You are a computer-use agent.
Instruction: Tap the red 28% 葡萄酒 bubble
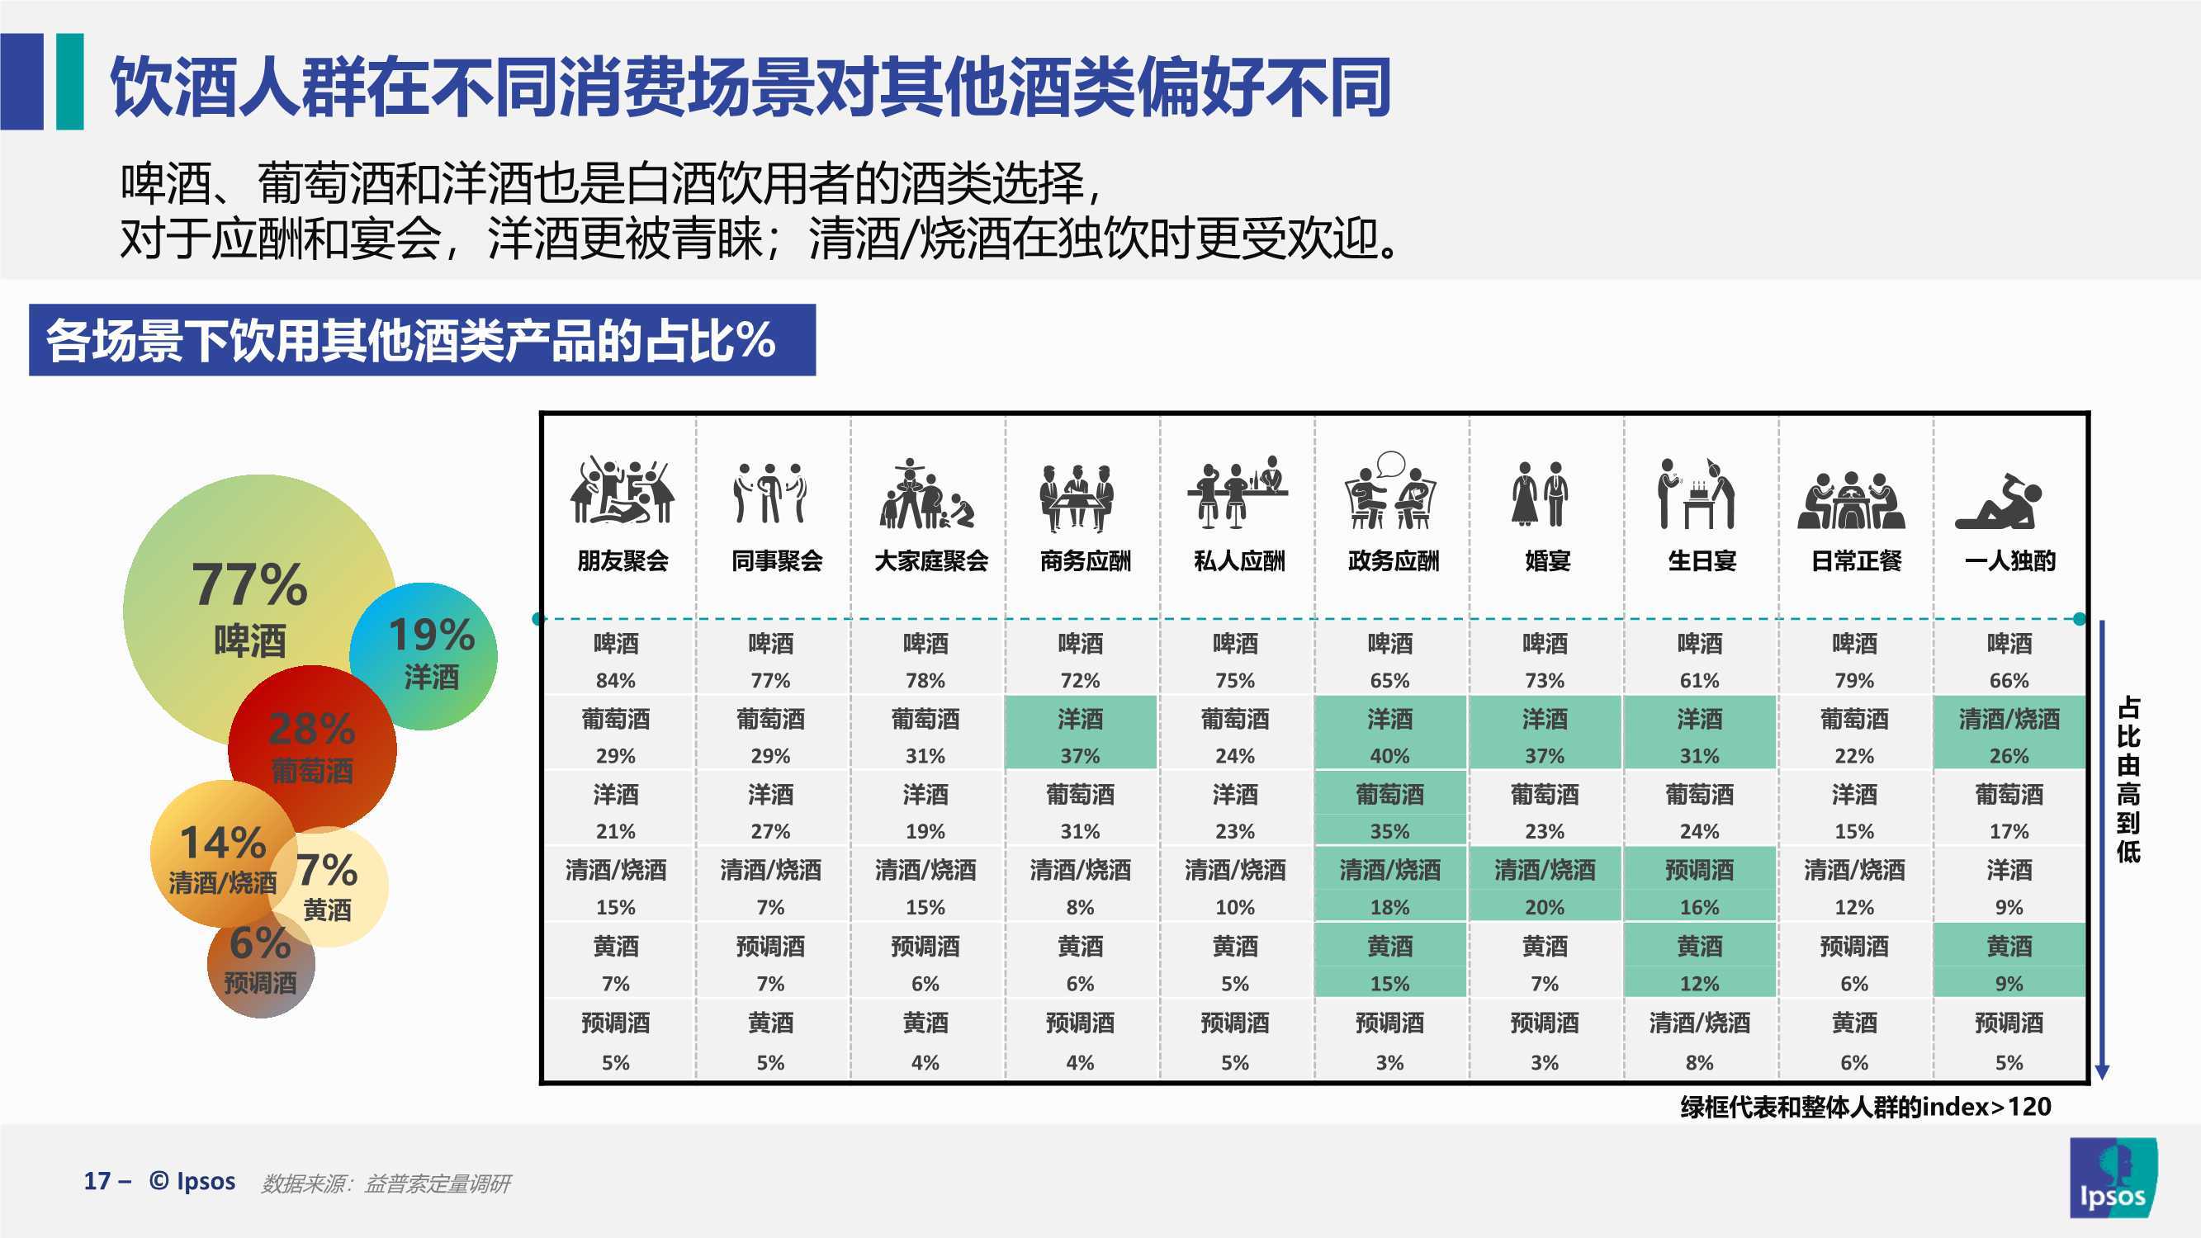point(312,750)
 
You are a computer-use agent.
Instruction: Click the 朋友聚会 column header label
point(622,560)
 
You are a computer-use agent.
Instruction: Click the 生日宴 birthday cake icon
point(1697,494)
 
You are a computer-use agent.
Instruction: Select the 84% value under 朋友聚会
point(615,680)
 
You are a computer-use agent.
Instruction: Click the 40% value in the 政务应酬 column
point(1389,755)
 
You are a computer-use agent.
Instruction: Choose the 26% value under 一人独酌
point(2009,755)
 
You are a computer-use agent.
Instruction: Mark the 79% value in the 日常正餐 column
point(1854,680)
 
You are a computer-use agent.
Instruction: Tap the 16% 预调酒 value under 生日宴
point(1699,906)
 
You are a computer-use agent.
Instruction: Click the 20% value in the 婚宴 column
point(1544,906)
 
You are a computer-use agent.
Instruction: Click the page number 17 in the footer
point(97,1181)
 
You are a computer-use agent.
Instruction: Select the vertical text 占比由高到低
point(2128,779)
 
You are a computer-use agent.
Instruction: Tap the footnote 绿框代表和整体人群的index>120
point(1865,1108)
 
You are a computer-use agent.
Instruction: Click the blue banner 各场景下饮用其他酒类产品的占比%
point(422,340)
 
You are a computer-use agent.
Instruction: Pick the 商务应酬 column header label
point(1085,560)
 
